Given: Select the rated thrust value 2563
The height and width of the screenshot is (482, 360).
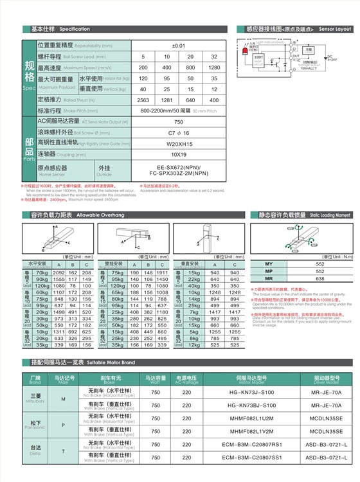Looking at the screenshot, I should pyautogui.click(x=143, y=100).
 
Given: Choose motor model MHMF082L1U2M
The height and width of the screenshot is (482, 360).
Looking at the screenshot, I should pyautogui.click(x=251, y=419).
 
